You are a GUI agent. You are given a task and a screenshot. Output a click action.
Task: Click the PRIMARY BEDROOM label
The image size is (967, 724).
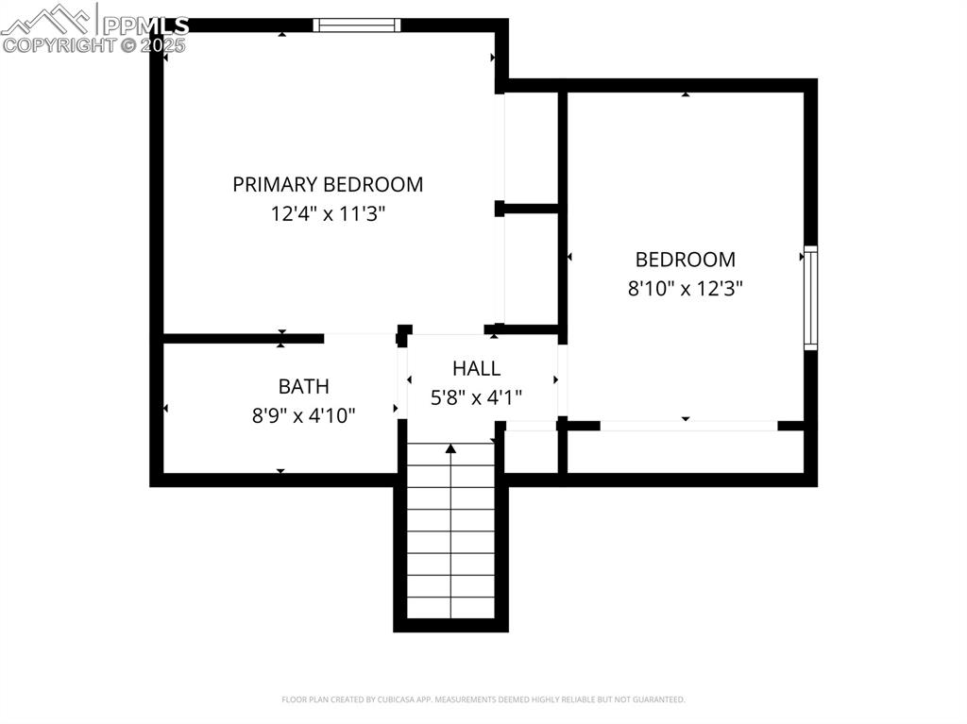click(328, 184)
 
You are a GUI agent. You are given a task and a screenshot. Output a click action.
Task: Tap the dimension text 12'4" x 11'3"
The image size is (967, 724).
click(328, 214)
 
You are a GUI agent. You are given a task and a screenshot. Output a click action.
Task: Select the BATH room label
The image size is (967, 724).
click(303, 385)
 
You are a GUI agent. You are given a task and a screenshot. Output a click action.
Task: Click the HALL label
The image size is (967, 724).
click(476, 368)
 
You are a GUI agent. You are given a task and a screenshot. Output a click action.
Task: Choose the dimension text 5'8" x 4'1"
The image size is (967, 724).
click(476, 397)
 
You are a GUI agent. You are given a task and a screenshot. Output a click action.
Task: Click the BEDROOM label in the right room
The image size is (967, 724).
click(685, 259)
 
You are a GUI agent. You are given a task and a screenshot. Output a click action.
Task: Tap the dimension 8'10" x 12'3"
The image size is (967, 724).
click(685, 289)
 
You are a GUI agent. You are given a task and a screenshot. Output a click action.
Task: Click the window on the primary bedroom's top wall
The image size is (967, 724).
click(357, 25)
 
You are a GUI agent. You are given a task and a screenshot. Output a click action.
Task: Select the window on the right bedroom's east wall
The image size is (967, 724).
click(810, 298)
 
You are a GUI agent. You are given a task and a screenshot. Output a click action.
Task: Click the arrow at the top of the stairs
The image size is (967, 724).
click(450, 449)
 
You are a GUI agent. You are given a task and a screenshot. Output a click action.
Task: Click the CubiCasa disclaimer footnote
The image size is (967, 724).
click(483, 699)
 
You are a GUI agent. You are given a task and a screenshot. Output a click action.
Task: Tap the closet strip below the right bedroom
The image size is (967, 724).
click(687, 451)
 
